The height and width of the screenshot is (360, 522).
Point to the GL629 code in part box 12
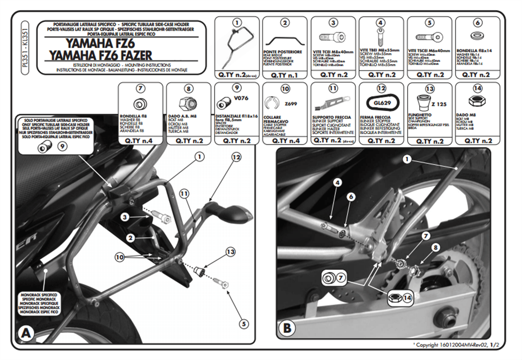click(x=381, y=104)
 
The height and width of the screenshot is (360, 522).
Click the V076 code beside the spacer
click(x=241, y=98)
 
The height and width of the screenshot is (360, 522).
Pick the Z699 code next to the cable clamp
click(x=291, y=104)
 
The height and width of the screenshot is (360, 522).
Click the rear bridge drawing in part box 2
click(x=284, y=41)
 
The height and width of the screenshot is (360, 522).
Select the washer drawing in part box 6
click(x=477, y=35)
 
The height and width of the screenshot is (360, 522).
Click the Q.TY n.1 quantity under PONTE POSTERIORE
click(x=284, y=74)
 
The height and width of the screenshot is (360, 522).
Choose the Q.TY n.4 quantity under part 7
click(x=141, y=141)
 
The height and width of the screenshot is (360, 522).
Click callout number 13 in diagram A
click(x=231, y=252)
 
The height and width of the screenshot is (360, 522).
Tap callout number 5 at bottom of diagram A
click(x=243, y=323)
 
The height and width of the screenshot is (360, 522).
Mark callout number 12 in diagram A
click(x=236, y=157)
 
